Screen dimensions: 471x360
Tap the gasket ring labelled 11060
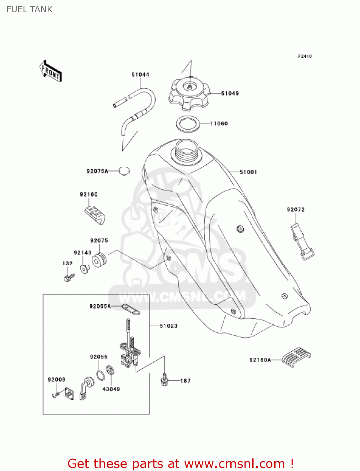(x=188, y=124)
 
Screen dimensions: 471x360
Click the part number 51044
(x=140, y=75)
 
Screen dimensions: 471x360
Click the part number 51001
(x=248, y=172)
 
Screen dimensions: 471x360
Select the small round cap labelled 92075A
(x=124, y=171)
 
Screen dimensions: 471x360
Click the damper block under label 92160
(x=95, y=215)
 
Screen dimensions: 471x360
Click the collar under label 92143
(x=84, y=269)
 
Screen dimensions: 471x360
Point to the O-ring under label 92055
(x=100, y=375)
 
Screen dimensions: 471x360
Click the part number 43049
(x=111, y=389)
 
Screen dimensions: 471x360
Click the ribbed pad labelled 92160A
(x=296, y=357)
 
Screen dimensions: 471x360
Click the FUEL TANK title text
(x=30, y=10)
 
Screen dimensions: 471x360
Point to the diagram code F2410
(x=305, y=56)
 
